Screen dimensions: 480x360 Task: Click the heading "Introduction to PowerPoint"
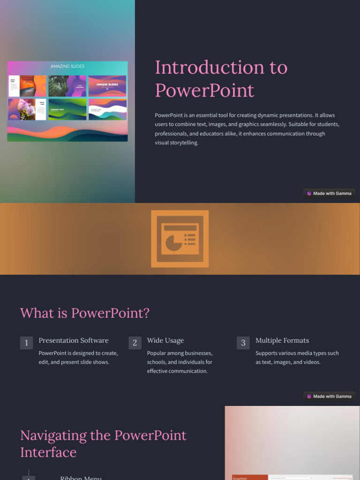221,79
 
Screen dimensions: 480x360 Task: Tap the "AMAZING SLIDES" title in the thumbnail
67,67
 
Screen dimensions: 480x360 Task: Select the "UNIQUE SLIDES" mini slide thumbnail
107,86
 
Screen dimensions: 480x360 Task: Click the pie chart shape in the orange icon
173,242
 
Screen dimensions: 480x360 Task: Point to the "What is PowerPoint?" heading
85,313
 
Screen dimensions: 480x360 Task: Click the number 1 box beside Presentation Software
26,343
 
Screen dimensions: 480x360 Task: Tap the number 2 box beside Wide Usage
135,343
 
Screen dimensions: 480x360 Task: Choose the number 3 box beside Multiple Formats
243,343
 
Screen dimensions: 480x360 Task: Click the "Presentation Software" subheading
73,340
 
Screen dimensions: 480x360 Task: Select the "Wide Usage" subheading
165,340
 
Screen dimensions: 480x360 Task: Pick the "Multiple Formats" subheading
282,340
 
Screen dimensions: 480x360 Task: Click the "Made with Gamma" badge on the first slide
329,193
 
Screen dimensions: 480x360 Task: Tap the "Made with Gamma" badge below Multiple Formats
329,396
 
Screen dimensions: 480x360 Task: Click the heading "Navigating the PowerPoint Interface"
103,443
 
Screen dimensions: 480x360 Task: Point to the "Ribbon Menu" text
81,478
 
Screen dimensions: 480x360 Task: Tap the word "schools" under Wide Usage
158,362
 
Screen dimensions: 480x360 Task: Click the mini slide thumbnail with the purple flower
27,110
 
